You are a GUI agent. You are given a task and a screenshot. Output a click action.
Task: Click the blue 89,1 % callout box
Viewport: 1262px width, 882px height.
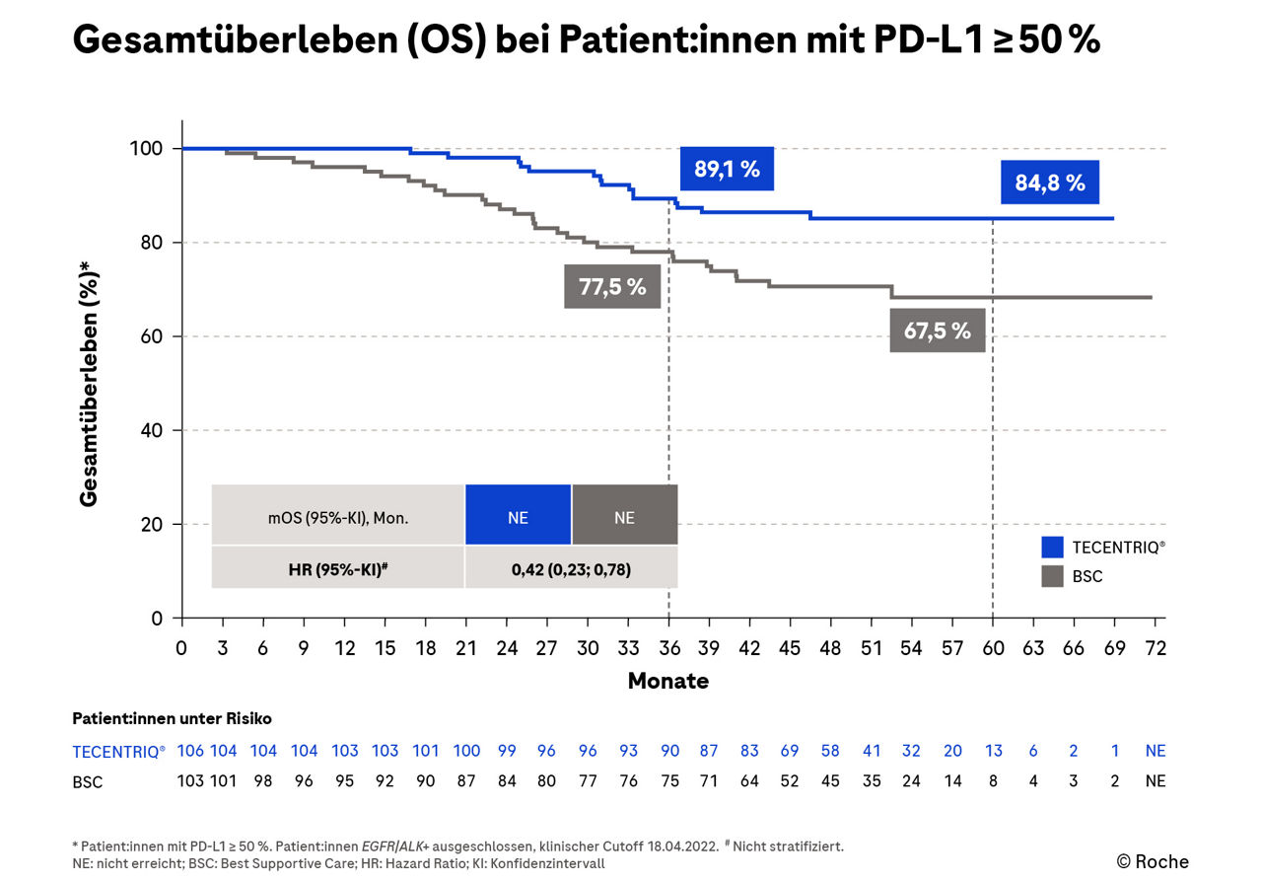pos(727,169)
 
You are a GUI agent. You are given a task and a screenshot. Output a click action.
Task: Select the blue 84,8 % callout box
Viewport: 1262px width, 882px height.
pos(1049,183)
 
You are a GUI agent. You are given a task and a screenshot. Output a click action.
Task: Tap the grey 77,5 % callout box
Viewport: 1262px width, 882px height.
pos(612,287)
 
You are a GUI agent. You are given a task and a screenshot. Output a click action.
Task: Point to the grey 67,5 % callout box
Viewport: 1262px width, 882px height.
pos(937,331)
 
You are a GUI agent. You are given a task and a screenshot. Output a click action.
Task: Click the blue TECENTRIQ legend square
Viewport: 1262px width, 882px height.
pos(1053,547)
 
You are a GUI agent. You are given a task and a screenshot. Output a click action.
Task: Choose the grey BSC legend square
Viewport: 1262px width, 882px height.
pos(1053,576)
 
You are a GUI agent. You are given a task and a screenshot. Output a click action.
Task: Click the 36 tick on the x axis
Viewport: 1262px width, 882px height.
pos(668,648)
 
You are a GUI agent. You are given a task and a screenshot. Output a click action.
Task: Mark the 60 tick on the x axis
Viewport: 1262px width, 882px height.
pos(993,648)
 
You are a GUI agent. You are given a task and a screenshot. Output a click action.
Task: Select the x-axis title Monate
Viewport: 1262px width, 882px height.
pos(667,681)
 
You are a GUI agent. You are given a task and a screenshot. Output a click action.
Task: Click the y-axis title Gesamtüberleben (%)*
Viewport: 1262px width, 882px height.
pos(89,383)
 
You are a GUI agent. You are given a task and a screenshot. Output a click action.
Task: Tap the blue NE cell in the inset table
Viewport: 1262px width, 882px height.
pos(518,515)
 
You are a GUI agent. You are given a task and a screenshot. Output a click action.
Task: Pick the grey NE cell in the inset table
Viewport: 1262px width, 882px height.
pos(624,515)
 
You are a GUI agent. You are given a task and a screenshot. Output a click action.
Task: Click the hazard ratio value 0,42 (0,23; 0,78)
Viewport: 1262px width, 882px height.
pos(571,568)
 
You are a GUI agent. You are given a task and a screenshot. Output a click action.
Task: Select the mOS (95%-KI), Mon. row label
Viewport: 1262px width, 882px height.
pos(338,515)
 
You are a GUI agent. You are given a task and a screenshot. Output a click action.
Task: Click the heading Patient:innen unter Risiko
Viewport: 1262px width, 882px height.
pos(172,718)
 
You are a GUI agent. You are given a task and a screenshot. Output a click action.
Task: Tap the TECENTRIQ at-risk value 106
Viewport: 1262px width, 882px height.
pos(189,751)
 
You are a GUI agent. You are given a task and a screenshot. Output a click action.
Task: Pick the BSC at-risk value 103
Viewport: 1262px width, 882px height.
pos(189,781)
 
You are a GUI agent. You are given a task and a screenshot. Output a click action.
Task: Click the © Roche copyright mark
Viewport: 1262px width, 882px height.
pos(1153,861)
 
